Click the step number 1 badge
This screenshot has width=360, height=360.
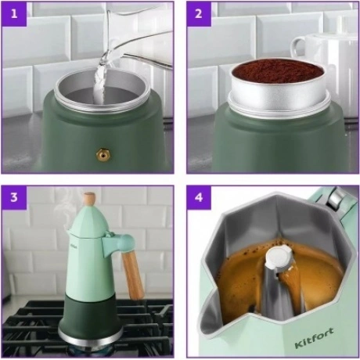14,14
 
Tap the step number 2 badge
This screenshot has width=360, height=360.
199,14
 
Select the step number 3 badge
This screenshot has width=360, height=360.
14,197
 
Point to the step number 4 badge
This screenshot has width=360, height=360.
199,197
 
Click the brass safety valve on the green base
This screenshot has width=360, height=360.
103,155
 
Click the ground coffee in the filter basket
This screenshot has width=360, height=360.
278,71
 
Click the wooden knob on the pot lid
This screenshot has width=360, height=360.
89,199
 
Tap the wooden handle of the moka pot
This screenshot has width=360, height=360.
133,275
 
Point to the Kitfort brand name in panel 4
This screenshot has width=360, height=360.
314,338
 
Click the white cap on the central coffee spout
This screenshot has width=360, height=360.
279,257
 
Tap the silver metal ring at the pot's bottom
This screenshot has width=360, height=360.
90,337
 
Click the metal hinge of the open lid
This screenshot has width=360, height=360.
338,198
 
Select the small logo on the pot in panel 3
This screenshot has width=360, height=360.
72,246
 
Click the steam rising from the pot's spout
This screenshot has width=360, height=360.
64,206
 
